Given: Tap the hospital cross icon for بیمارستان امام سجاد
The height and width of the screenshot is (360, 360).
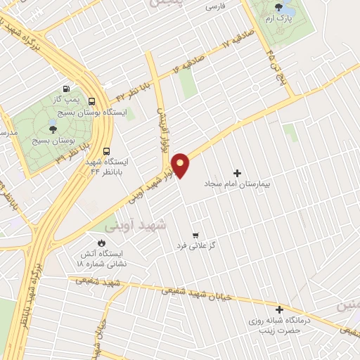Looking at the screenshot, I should (x=237, y=173).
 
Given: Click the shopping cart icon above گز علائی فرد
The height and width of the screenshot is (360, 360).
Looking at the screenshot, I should (x=195, y=235).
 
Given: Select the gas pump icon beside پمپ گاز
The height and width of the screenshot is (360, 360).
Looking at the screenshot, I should (x=66, y=89).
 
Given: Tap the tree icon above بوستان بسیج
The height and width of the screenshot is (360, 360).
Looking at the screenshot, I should (x=52, y=129).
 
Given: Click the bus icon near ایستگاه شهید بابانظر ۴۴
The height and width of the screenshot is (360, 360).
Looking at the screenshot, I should (x=106, y=150).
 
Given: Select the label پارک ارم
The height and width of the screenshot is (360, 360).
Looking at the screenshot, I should (x=278, y=21).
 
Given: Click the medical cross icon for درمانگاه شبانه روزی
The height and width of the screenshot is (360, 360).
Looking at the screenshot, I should (x=279, y=309).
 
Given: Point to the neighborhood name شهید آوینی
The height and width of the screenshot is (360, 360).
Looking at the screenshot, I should (x=134, y=226).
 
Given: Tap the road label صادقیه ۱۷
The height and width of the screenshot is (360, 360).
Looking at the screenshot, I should (x=217, y=51).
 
